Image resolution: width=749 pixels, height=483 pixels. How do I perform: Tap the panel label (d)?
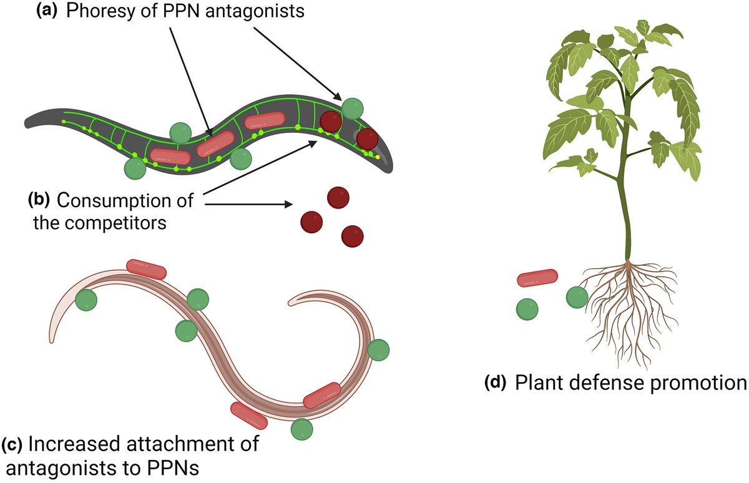497,383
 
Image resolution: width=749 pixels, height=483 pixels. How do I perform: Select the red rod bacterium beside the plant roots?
537,278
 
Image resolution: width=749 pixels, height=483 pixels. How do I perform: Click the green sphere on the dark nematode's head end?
353,108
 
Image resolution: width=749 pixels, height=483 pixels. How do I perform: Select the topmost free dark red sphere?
338,198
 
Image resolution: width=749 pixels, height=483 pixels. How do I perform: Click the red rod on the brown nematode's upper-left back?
146,269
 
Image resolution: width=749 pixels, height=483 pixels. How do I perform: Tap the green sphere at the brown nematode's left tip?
86,301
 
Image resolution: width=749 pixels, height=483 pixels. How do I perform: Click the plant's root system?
630,306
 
